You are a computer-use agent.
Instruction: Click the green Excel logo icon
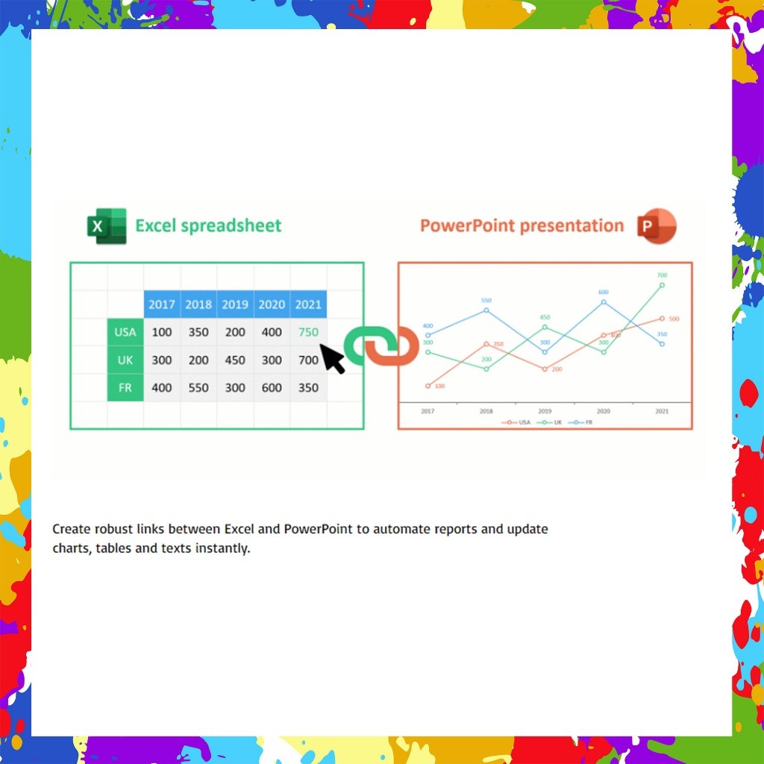tap(107, 226)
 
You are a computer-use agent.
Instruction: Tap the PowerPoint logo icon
tap(657, 226)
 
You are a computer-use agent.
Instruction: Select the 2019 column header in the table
tap(235, 304)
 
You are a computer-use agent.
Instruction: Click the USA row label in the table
tap(125, 332)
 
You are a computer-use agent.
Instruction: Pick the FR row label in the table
tap(125, 388)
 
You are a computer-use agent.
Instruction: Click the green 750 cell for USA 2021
tap(308, 332)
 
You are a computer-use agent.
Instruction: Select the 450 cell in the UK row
tap(235, 360)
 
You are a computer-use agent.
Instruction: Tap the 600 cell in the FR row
tap(272, 388)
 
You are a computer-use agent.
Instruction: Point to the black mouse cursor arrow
tap(331, 358)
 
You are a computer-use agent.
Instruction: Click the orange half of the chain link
tap(400, 346)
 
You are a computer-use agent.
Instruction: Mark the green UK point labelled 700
tap(662, 284)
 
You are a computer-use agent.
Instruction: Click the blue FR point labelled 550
tap(486, 310)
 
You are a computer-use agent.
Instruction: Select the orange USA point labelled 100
tap(428, 386)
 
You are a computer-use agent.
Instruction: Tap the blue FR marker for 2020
tap(604, 302)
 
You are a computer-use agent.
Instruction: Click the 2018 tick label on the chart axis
tap(486, 411)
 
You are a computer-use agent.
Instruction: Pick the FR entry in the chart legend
tap(582, 422)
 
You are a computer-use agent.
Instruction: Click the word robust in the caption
tap(114, 529)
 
